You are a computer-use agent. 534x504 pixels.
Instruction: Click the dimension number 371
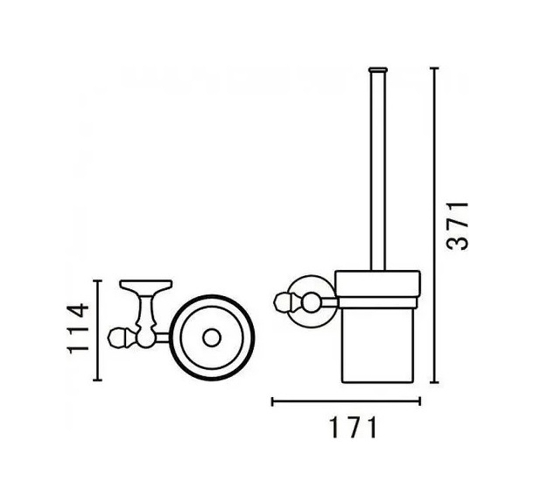click(457, 226)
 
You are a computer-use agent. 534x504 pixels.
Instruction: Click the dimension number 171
click(353, 428)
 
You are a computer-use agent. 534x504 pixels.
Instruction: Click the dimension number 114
click(78, 328)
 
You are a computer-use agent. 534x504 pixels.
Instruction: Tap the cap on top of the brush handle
click(378, 70)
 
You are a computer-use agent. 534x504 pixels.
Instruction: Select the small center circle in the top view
click(212, 338)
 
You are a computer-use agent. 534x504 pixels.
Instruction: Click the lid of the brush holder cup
click(378, 283)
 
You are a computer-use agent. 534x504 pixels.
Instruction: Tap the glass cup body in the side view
click(378, 344)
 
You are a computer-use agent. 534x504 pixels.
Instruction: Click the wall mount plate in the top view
click(146, 284)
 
